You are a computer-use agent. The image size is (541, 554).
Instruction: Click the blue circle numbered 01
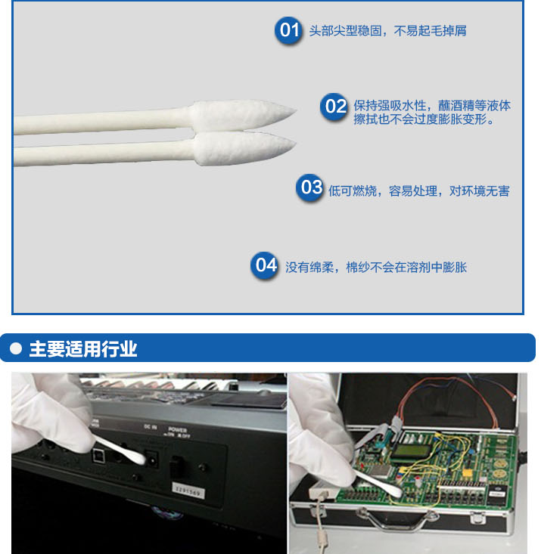(x=289, y=30)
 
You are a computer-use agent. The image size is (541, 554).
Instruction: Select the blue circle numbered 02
(x=334, y=107)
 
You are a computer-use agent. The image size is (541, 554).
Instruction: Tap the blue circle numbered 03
(x=310, y=187)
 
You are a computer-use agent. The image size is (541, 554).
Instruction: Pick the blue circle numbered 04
(x=264, y=265)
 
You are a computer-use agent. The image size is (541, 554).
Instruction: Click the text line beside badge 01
(x=388, y=31)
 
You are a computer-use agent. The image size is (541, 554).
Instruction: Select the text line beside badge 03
(x=419, y=191)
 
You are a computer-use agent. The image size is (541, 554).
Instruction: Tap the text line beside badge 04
(x=376, y=267)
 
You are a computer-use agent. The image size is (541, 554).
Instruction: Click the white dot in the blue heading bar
(x=16, y=348)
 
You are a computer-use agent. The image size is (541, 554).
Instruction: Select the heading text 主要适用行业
(x=83, y=349)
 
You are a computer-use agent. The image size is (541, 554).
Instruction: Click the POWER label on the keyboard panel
(x=177, y=429)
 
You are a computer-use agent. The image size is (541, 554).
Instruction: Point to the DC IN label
(x=151, y=427)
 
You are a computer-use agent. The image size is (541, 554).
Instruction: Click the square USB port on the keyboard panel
(x=98, y=456)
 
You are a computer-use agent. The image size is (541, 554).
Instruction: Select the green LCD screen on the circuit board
(x=412, y=450)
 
